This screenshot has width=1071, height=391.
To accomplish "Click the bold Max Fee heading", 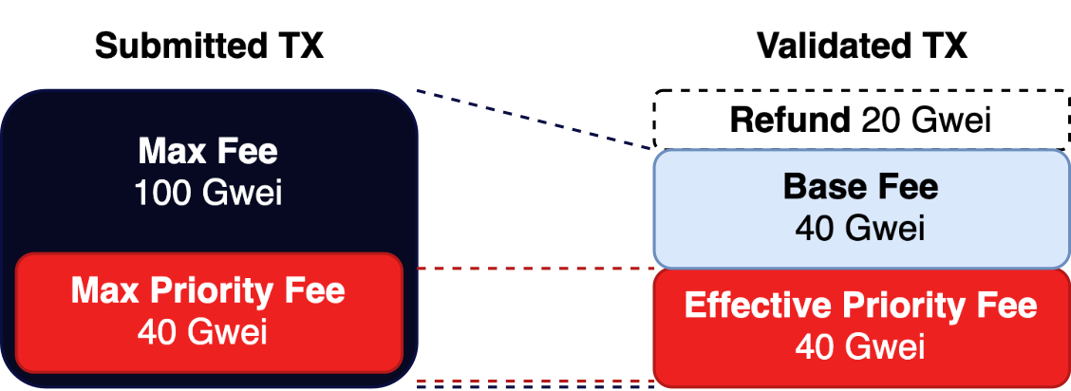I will click(209, 152).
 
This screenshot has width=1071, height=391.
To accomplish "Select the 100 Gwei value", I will click(209, 193).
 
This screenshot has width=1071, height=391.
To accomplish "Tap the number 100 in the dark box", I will click(164, 193).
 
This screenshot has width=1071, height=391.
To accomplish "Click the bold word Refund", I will click(790, 121).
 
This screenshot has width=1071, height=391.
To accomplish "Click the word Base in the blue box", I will click(822, 187).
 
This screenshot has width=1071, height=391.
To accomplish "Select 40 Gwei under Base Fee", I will click(860, 229).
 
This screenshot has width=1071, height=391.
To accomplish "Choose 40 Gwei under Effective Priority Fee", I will click(860, 347).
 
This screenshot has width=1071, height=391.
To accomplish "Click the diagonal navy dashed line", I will click(535, 121).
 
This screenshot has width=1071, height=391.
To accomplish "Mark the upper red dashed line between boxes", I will click(529, 269).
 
